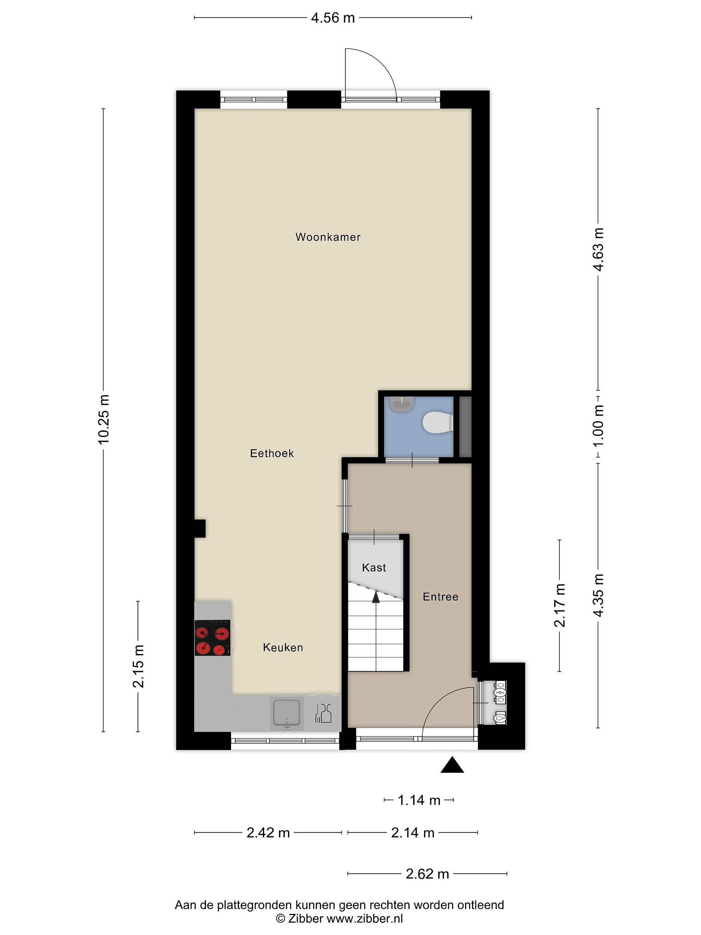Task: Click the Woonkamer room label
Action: pyautogui.click(x=328, y=237)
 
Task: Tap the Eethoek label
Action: pyautogui.click(x=272, y=454)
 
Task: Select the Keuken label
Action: pyautogui.click(x=283, y=648)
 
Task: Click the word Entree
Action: pyautogui.click(x=440, y=597)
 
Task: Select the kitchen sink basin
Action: pyautogui.click(x=287, y=712)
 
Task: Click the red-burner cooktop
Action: pyautogui.click(x=213, y=638)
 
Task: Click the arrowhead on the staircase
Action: pyautogui.click(x=375, y=596)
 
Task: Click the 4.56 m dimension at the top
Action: pyautogui.click(x=333, y=18)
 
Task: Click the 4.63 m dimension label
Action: pyautogui.click(x=598, y=249)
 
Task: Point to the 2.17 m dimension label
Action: pyautogui.click(x=560, y=605)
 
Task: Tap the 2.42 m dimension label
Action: pyautogui.click(x=268, y=833)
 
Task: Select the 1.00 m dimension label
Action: pyautogui.click(x=598, y=426)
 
